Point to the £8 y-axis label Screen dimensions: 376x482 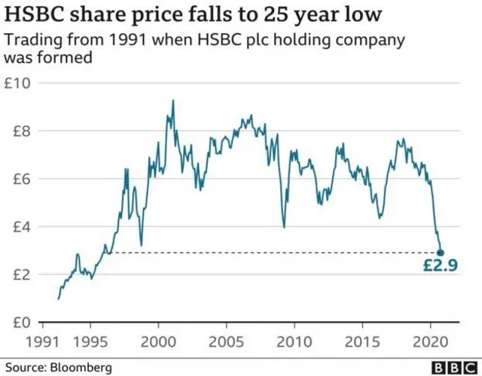pyautogui.click(x=19, y=131)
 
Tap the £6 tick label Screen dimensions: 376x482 pyautogui.click(x=19, y=179)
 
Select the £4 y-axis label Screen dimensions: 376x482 pyautogui.click(x=19, y=227)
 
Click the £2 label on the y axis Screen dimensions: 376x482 pyautogui.click(x=19, y=274)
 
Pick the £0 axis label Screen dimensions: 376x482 pyautogui.click(x=19, y=323)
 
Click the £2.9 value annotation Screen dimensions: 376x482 pyautogui.click(x=440, y=265)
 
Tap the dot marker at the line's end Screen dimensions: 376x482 pyautogui.click(x=441, y=253)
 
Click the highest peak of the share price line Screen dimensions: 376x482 pyautogui.click(x=172, y=101)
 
